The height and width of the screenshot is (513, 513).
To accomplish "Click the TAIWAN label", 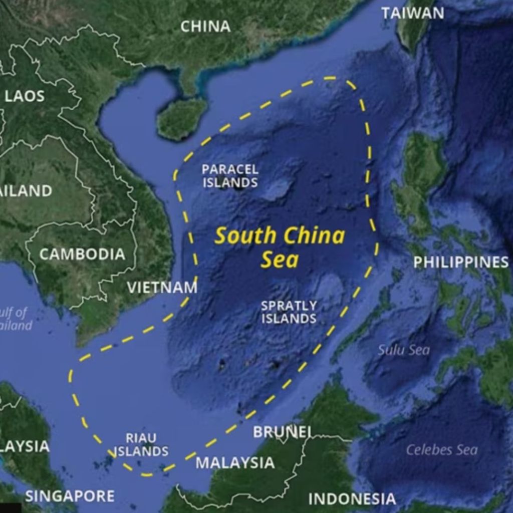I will coord(412,13).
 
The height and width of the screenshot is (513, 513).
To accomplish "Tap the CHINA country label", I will coord(205,27).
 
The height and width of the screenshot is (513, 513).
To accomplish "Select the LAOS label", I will coord(25,96).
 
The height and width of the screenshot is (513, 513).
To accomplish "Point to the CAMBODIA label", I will coord(82,254).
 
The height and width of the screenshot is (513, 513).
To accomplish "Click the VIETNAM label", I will coord(162,288).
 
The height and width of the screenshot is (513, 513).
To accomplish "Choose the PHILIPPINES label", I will coord(460,262).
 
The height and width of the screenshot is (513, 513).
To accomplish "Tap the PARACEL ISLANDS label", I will coord(230,176).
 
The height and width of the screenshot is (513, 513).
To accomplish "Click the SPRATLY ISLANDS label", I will coord(289,312).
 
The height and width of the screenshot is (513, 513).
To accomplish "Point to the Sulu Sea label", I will coord(404,350).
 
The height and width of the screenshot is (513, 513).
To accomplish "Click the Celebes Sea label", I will coord(441,450).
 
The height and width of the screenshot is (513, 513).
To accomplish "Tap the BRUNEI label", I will coord(282,432).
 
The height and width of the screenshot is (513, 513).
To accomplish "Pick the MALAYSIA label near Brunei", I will coord(235,462).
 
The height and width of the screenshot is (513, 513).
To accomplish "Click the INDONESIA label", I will coord(352,499).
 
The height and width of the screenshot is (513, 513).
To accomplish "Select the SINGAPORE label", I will coord(70,496).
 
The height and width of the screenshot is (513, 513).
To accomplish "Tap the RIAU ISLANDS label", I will coord(141,445).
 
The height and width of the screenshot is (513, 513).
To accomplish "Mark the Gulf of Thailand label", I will coord(15,319).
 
